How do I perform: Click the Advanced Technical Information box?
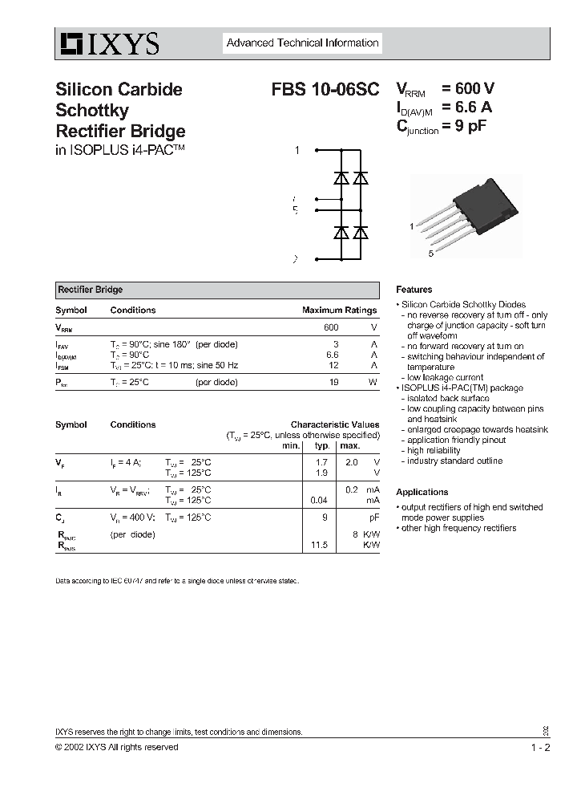[x=302, y=43]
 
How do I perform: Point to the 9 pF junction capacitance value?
[x=470, y=125]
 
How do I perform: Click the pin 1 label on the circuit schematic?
[x=297, y=150]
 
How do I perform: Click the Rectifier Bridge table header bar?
[x=216, y=290]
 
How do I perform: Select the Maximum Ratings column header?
[x=339, y=310]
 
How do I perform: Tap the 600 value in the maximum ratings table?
[x=331, y=327]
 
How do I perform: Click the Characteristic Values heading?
[x=335, y=424]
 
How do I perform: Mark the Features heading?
[x=414, y=290]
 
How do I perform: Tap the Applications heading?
[x=422, y=492]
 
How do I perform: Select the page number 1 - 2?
[x=540, y=747]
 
